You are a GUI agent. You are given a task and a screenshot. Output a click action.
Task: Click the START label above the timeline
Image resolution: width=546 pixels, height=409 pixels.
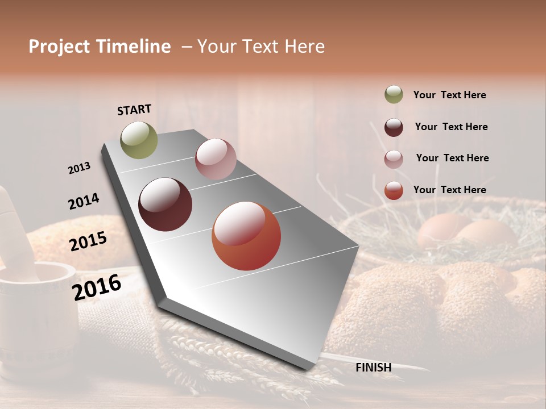tap(134, 110)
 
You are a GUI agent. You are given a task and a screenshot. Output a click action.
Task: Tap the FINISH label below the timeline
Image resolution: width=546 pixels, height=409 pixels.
tap(373, 368)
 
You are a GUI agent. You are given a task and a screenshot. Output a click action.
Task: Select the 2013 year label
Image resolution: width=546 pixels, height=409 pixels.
tap(80, 168)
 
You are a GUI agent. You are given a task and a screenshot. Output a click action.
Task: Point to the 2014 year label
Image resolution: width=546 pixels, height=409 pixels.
tap(84, 202)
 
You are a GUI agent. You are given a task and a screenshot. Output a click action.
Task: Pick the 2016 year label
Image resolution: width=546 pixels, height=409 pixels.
tap(97, 287)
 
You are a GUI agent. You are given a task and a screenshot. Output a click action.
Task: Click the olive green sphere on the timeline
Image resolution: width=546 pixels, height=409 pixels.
tap(139, 140)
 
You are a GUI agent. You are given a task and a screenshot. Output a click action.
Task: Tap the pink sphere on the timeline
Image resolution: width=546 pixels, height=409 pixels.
tap(216, 159)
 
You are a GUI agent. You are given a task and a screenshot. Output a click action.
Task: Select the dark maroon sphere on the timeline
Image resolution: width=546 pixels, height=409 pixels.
tap(166, 204)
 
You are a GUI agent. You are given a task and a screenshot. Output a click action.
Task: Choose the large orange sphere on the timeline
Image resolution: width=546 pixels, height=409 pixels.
tap(246, 236)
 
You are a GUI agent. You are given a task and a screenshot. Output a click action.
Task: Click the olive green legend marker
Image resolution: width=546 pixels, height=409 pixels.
tap(394, 95)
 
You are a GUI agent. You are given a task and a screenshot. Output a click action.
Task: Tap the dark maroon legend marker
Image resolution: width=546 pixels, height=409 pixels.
tap(394, 127)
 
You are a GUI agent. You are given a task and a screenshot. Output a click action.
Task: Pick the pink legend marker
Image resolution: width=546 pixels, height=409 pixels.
tap(394, 158)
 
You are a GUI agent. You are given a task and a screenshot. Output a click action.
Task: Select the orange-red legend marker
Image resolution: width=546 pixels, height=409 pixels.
tap(394, 190)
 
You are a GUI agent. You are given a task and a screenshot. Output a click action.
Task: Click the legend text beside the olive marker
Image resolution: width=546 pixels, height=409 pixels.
tap(449, 95)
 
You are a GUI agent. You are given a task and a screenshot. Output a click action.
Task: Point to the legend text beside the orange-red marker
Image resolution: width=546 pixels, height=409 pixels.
tap(449, 190)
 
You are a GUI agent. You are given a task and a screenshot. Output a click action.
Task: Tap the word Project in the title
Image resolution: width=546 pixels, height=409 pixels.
tap(59, 47)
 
